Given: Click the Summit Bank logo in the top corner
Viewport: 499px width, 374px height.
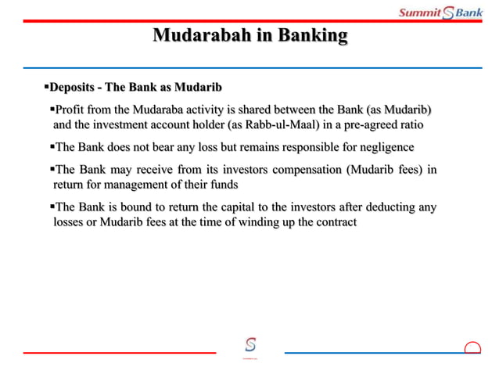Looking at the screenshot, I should coord(440,12).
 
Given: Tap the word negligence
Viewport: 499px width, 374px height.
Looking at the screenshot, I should coord(382,147).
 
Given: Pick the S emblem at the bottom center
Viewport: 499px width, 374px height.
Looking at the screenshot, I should coord(250,345).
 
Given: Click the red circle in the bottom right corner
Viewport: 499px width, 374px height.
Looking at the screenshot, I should coord(472,349).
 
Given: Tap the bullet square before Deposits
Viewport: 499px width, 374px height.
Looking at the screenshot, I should coord(45,85).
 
